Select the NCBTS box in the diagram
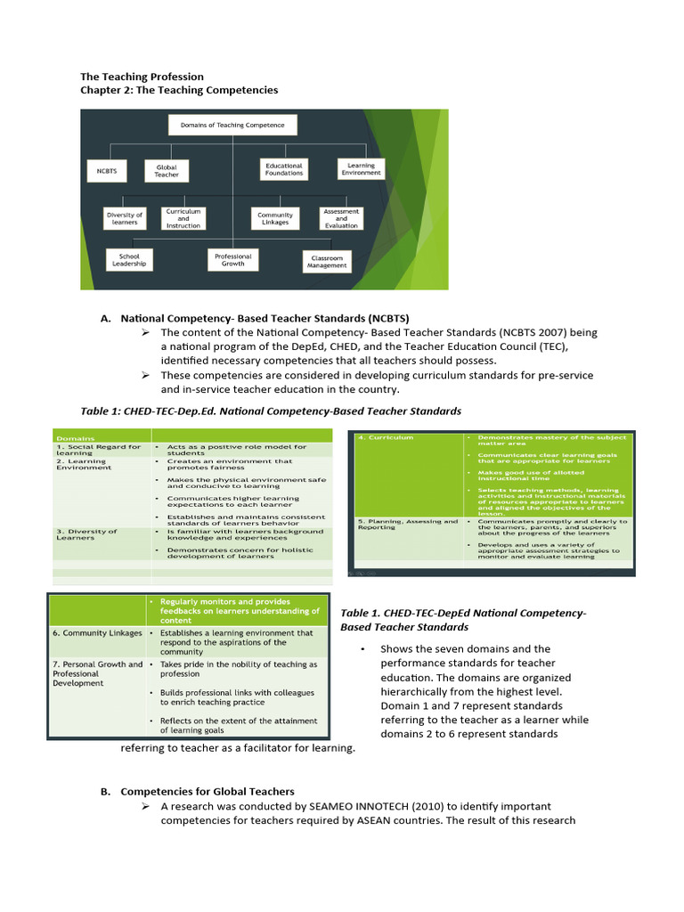coord(107,170)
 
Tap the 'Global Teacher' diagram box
coord(167,170)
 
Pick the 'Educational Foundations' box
coord(284,169)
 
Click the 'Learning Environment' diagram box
coord(361,168)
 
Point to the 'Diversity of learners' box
coord(124,218)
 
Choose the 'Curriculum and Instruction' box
coord(183,218)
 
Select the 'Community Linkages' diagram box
coord(275,218)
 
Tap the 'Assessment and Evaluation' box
coord(341,218)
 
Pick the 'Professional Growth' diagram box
coord(232,259)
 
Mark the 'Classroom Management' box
coord(327,261)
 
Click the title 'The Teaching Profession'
coord(142,77)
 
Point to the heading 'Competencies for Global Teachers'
coord(208,791)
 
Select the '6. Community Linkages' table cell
coord(97,633)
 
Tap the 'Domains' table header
coord(76,438)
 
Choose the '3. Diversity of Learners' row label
coord(79,534)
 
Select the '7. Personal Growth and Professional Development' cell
coord(97,673)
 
